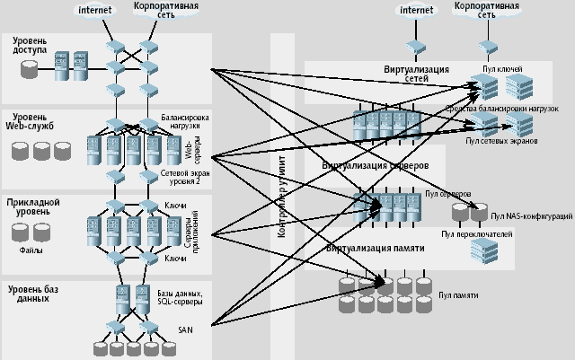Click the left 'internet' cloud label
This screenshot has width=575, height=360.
click(x=94, y=11)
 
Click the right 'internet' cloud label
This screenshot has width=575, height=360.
click(x=416, y=11)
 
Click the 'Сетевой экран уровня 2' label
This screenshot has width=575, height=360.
click(x=180, y=176)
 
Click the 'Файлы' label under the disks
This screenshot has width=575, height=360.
click(x=31, y=250)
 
